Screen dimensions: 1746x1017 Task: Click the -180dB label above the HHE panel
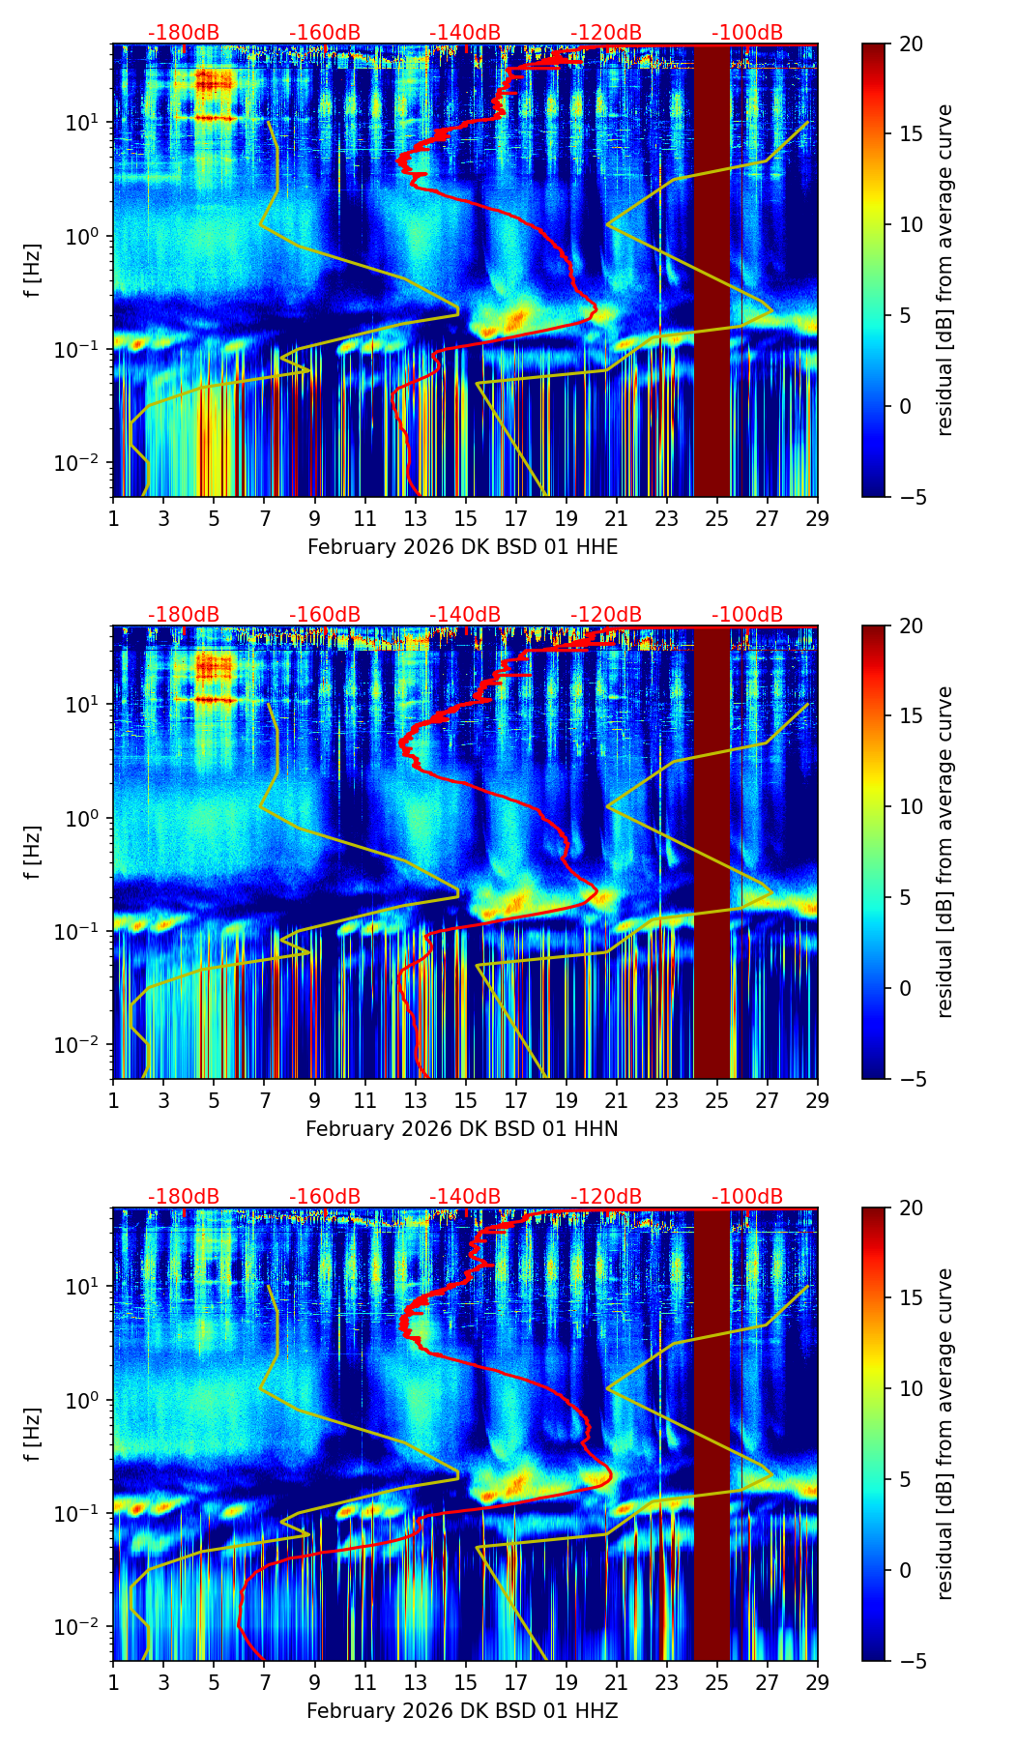[x=184, y=33]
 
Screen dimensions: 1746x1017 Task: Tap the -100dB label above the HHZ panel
[x=747, y=1197]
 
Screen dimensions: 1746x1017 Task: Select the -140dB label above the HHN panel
[x=465, y=615]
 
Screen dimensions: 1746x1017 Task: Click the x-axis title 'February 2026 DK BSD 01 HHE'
[x=462, y=547]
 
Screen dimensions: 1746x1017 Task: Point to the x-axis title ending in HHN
[x=462, y=1129]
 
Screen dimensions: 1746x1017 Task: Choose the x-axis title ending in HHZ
[x=462, y=1711]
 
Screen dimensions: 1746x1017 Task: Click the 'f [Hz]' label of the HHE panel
[x=33, y=271]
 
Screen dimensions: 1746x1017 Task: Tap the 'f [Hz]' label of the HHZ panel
[x=33, y=1435]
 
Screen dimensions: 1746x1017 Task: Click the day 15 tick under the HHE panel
[x=465, y=518]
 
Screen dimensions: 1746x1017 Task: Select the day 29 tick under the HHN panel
[x=817, y=1100]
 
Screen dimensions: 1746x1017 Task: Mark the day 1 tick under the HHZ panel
[x=113, y=1682]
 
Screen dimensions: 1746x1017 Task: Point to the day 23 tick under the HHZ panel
[x=666, y=1682]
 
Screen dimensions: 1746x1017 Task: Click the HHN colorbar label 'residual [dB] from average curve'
[x=945, y=852]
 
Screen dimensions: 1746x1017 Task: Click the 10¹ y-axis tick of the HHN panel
[x=85, y=704]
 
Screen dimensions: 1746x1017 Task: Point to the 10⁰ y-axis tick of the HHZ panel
[x=85, y=1400]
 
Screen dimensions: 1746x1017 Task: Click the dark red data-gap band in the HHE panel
[x=712, y=271]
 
